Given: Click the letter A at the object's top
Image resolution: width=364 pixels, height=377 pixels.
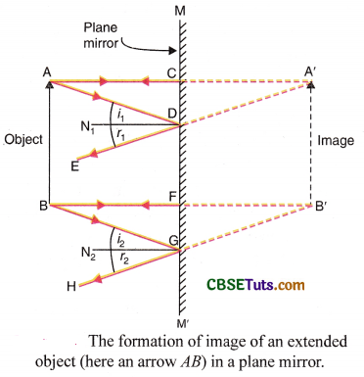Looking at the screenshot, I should click(47, 71).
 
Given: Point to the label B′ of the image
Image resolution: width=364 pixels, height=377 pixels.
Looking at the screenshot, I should click(318, 207).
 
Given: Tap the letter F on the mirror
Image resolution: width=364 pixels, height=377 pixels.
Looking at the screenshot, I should click(170, 196).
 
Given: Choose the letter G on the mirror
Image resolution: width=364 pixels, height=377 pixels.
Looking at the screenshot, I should click(170, 241).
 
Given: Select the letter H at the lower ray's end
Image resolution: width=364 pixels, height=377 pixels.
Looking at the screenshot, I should click(68, 285).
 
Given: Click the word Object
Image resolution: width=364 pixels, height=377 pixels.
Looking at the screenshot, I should click(23, 139).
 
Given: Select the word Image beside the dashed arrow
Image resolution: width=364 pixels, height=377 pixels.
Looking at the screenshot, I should click(337, 141).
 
